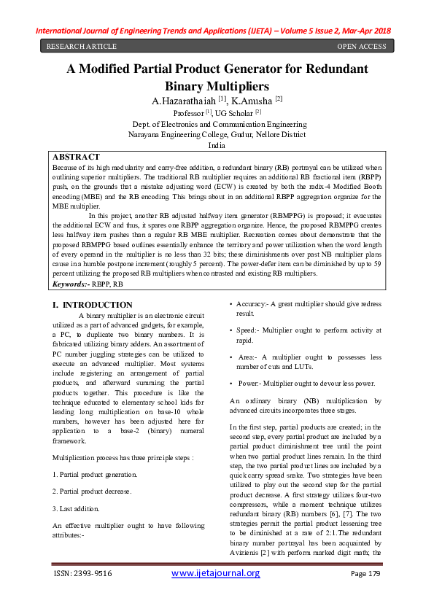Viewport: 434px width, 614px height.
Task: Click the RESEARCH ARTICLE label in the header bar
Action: tap(81, 47)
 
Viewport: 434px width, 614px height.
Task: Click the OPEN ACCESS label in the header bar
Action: tap(362, 47)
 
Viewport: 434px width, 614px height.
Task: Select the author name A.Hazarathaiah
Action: tap(179, 100)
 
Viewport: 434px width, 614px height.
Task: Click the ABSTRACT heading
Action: tap(77, 157)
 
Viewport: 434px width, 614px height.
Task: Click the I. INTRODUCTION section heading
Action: tap(93, 304)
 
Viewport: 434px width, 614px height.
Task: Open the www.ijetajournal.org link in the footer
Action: tap(215, 573)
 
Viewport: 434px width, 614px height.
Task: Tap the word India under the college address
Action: tap(217, 146)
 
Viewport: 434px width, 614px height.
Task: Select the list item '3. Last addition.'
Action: tap(78, 508)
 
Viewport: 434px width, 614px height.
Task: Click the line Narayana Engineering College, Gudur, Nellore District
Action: tap(217, 135)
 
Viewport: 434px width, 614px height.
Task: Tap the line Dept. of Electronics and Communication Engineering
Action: tap(217, 125)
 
